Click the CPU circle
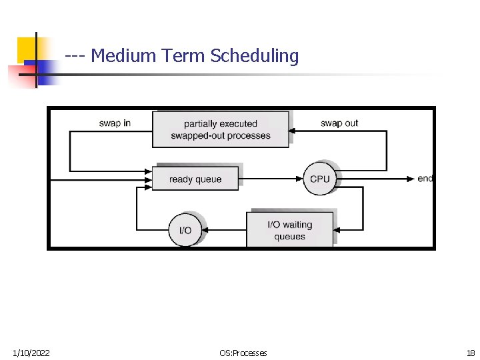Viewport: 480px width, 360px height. tap(320, 179)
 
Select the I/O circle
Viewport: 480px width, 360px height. tap(185, 230)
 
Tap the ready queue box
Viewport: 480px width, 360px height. tap(195, 179)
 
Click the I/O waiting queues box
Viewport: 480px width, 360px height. tap(290, 230)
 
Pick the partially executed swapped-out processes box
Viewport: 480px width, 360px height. tap(221, 129)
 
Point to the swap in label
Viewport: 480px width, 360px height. tap(115, 123)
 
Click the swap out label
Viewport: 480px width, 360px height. tap(339, 123)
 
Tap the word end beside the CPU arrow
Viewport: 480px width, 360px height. tap(425, 179)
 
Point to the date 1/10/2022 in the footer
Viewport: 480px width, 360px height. tap(31, 353)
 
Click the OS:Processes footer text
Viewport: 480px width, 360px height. tap(243, 353)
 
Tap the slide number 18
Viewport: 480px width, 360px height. tap(471, 353)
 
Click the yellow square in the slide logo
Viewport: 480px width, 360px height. tap(27, 48)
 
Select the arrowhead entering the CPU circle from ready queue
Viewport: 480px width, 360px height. tap(301, 179)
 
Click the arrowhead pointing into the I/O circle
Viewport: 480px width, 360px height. tap(205, 230)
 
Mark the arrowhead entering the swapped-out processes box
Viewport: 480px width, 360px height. tap(293, 131)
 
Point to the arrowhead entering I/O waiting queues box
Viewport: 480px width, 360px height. tap(337, 230)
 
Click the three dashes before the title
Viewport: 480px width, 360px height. tap(75, 56)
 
